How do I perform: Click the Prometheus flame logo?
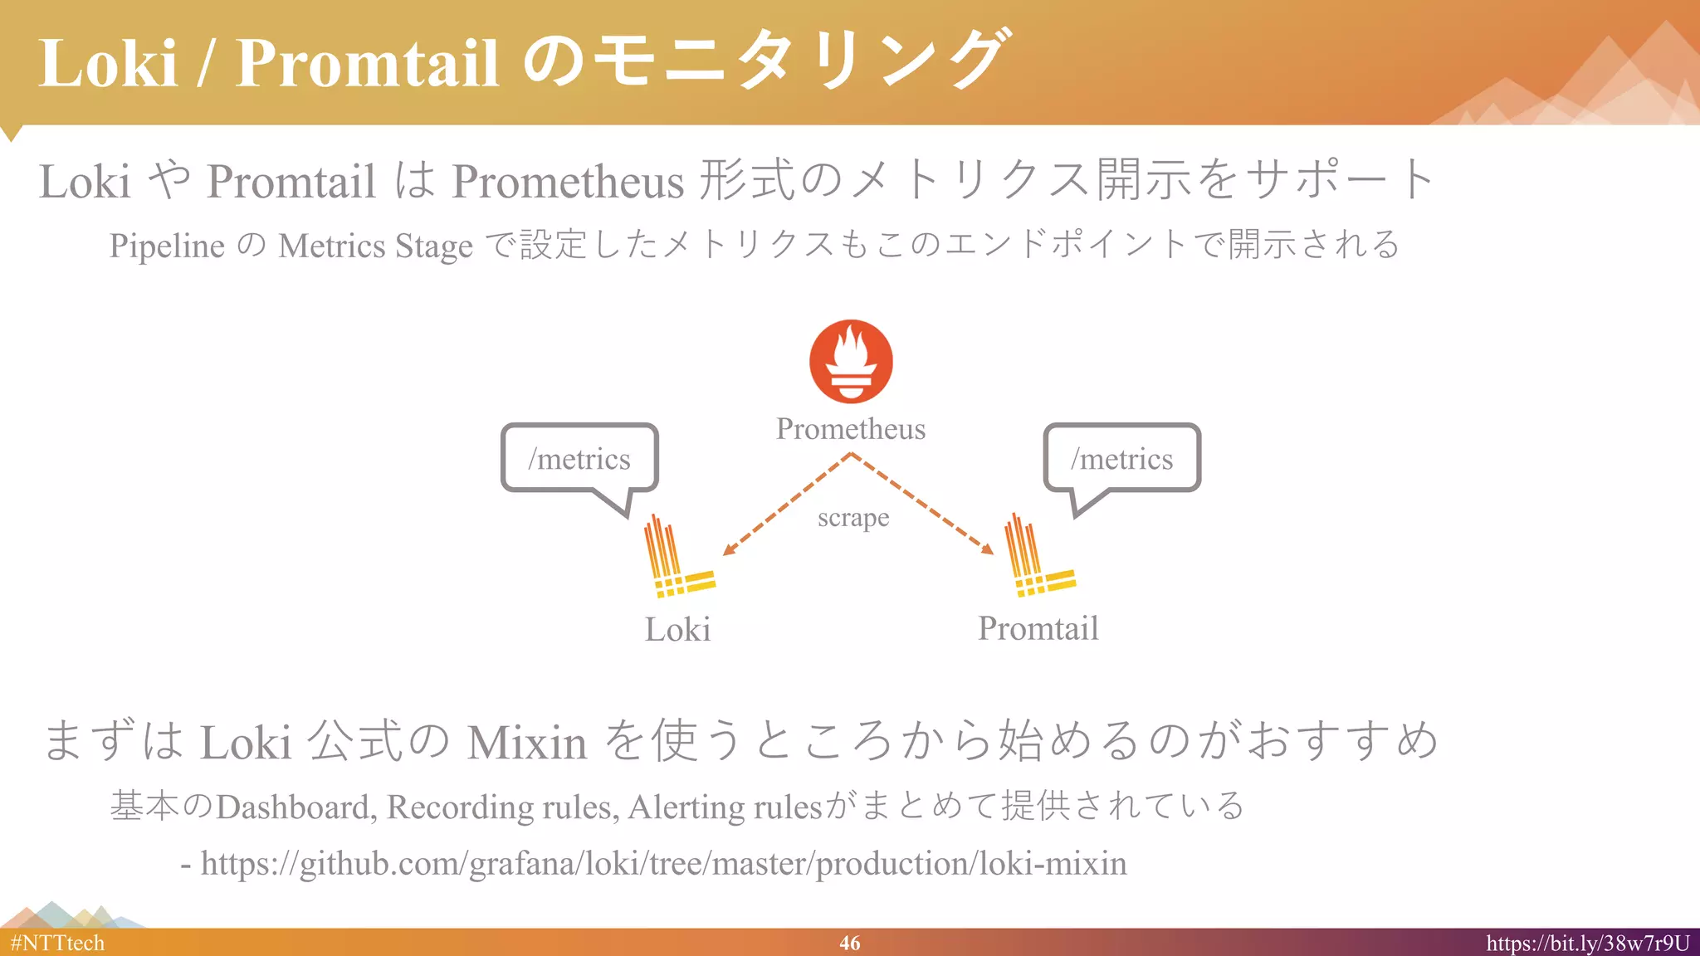pyautogui.click(x=851, y=362)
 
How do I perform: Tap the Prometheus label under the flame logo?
pyautogui.click(x=851, y=429)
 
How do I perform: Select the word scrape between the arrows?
pyautogui.click(x=853, y=518)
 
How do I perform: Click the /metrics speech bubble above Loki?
pyautogui.click(x=579, y=458)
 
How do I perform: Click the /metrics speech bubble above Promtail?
pyautogui.click(x=1121, y=458)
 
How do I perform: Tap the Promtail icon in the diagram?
pyautogui.click(x=1038, y=557)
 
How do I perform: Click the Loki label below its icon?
pyautogui.click(x=677, y=630)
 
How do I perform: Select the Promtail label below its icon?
pyautogui.click(x=1038, y=628)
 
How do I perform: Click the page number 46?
pyautogui.click(x=849, y=943)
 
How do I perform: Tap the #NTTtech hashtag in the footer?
pyautogui.click(x=57, y=944)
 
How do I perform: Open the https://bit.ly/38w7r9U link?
pyautogui.click(x=1587, y=944)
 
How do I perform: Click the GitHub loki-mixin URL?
pyautogui.click(x=663, y=864)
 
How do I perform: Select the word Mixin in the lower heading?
pyautogui.click(x=526, y=742)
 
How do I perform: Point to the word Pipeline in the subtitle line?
pyautogui.click(x=167, y=246)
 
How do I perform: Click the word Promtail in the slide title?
pyautogui.click(x=366, y=63)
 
